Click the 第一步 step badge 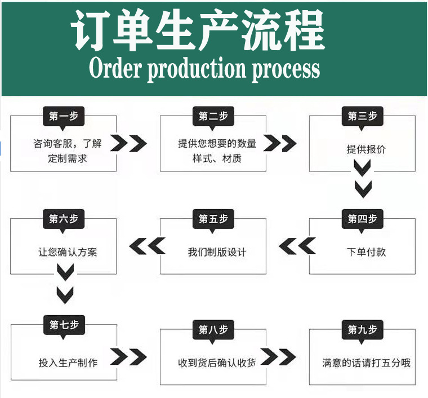pyautogui.click(x=64, y=116)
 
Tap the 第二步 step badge pyautogui.click(x=213, y=116)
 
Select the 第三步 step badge pyautogui.click(x=362, y=116)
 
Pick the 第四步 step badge pyautogui.click(x=362, y=219)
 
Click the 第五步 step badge pyautogui.click(x=213, y=219)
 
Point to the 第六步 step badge pyautogui.click(x=64, y=219)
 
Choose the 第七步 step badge pyautogui.click(x=64, y=325)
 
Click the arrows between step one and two pyautogui.click(x=128, y=143)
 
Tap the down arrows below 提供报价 pyautogui.click(x=362, y=178)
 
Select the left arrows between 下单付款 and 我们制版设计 pyautogui.click(x=297, y=246)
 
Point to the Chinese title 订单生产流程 pyautogui.click(x=198, y=30)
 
